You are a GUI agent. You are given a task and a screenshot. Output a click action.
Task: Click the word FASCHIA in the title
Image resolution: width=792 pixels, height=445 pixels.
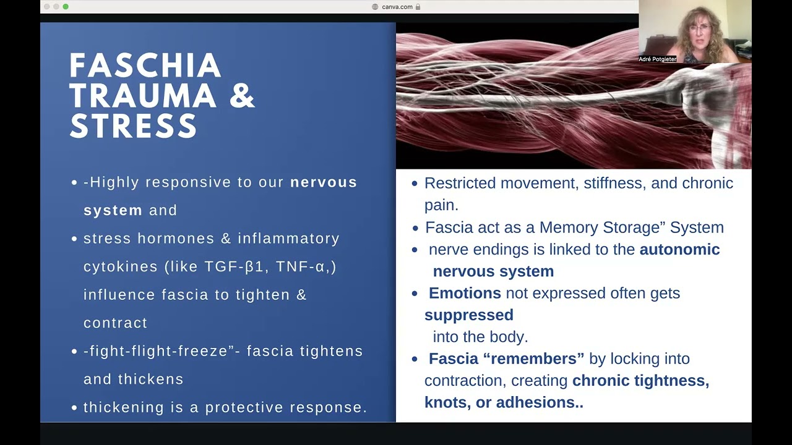pyautogui.click(x=145, y=66)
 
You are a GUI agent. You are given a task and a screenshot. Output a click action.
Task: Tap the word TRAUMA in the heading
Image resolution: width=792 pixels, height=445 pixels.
pyautogui.click(x=143, y=96)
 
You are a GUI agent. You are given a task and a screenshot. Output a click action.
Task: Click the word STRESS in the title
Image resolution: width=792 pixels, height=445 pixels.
pyautogui.click(x=133, y=125)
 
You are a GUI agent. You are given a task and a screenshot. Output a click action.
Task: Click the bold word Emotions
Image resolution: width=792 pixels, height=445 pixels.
pyautogui.click(x=465, y=293)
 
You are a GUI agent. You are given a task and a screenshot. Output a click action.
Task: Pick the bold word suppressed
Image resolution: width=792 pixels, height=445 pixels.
pyautogui.click(x=469, y=315)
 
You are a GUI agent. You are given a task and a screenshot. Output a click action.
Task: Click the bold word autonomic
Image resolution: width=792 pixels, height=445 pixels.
pyautogui.click(x=679, y=249)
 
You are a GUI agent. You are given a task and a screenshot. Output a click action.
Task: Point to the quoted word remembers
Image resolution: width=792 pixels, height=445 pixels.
pyautogui.click(x=534, y=358)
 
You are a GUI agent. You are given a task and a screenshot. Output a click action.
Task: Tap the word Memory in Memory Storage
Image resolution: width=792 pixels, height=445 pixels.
pyautogui.click(x=566, y=227)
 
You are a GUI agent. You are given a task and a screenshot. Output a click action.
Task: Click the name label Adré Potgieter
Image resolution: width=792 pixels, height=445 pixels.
pyautogui.click(x=658, y=59)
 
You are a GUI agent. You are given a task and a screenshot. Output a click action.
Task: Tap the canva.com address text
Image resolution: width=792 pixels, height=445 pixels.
pyautogui.click(x=397, y=7)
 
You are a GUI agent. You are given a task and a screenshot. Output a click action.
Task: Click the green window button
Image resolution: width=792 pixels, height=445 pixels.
pyautogui.click(x=66, y=7)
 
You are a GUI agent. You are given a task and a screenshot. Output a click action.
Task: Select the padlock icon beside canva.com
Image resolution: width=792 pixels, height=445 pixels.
pyautogui.click(x=418, y=7)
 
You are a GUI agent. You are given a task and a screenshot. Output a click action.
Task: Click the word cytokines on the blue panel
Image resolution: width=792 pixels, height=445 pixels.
pyautogui.click(x=121, y=266)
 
